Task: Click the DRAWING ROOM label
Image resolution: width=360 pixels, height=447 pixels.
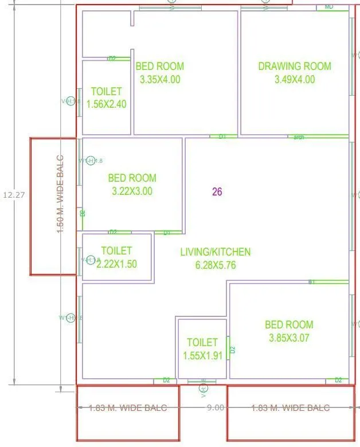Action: (x=295, y=66)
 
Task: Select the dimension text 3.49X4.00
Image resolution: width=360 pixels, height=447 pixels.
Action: (x=295, y=80)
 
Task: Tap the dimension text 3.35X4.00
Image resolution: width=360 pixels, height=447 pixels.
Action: (x=160, y=80)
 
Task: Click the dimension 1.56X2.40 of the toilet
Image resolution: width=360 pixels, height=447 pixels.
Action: (x=106, y=104)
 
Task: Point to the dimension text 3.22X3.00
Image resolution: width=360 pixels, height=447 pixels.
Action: (x=132, y=191)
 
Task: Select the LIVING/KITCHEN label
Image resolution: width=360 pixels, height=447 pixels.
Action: (x=215, y=252)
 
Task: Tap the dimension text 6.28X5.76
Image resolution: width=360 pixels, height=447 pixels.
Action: (x=215, y=265)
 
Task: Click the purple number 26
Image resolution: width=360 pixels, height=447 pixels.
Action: (x=217, y=192)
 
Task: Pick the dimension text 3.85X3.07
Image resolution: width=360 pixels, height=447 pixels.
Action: (x=289, y=338)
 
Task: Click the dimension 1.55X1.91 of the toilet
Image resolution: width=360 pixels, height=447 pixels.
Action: (x=202, y=356)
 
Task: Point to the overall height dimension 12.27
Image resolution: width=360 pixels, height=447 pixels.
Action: (x=14, y=195)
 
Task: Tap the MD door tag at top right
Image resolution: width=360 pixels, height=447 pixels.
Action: (x=329, y=6)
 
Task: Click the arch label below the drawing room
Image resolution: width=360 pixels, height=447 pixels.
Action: (x=298, y=138)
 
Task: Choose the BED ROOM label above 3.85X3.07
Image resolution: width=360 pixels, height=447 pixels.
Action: (x=289, y=325)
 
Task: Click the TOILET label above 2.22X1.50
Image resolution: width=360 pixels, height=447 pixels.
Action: (x=116, y=250)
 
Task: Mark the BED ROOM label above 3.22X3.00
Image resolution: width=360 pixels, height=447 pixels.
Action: (x=132, y=178)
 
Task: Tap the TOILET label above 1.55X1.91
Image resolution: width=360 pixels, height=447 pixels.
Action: (x=202, y=342)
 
